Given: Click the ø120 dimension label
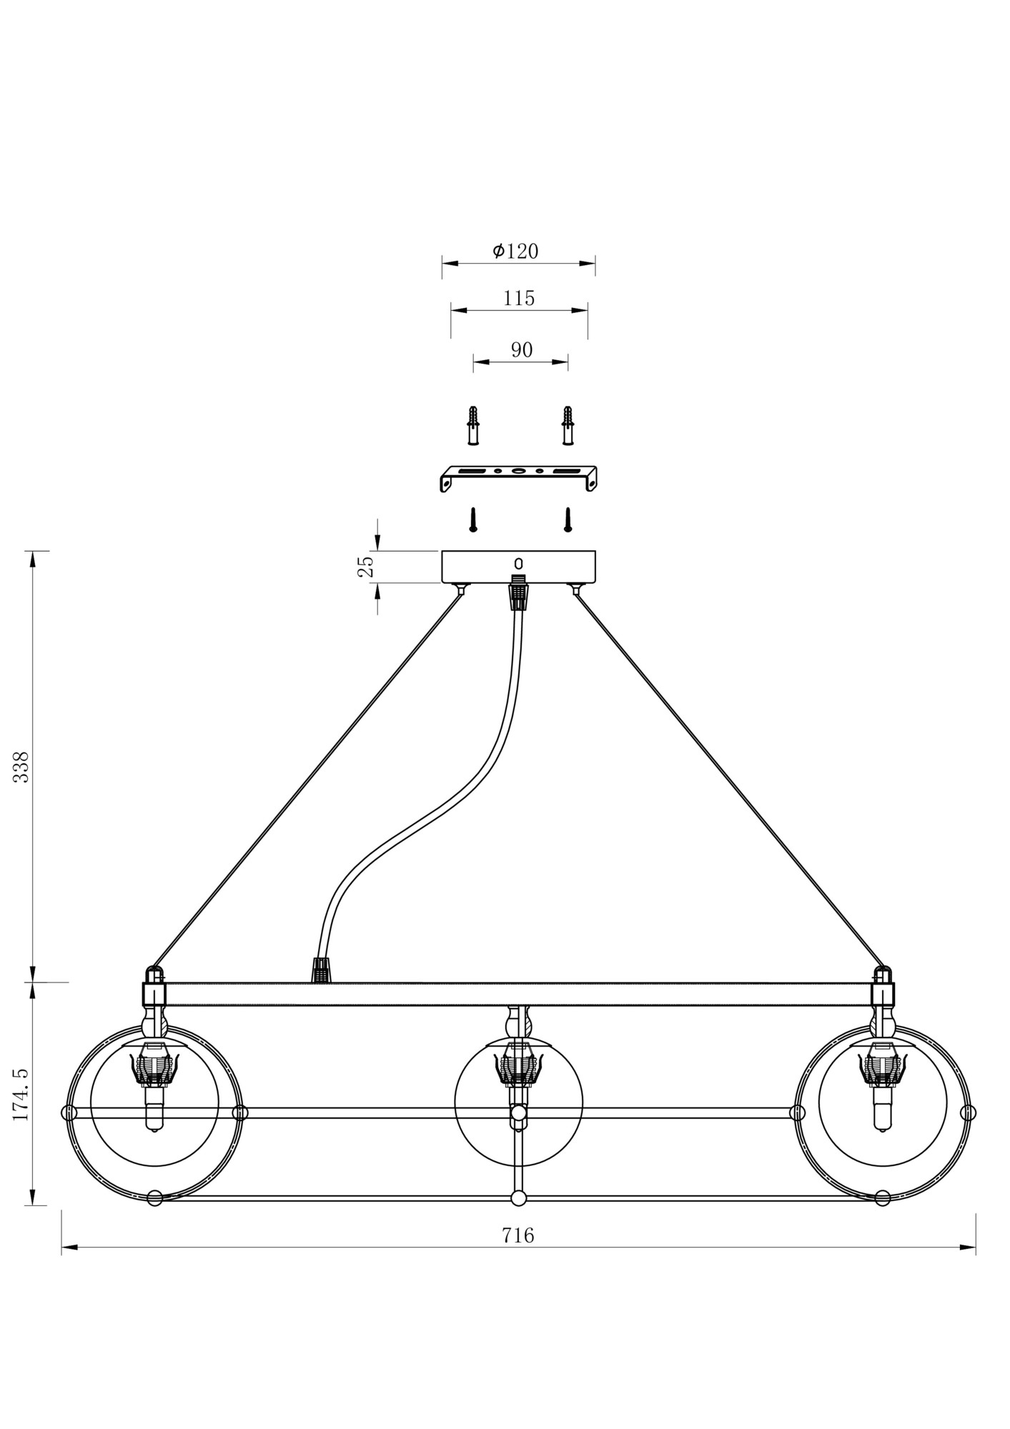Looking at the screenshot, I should [x=515, y=251].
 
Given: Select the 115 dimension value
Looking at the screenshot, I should [x=519, y=298].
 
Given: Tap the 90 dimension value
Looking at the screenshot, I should [x=522, y=349].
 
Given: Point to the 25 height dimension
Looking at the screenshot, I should [x=366, y=567].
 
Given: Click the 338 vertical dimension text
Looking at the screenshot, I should [x=21, y=767].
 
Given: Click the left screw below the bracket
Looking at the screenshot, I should [x=472, y=519].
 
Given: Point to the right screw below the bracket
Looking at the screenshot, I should [x=568, y=519].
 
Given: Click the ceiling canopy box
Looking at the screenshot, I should [x=518, y=567].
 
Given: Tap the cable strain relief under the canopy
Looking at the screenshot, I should [x=519, y=592].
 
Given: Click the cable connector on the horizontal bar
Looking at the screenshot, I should [x=322, y=971].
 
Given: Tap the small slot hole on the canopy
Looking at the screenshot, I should [x=519, y=564].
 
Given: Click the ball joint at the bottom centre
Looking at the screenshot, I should [x=519, y=1198].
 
